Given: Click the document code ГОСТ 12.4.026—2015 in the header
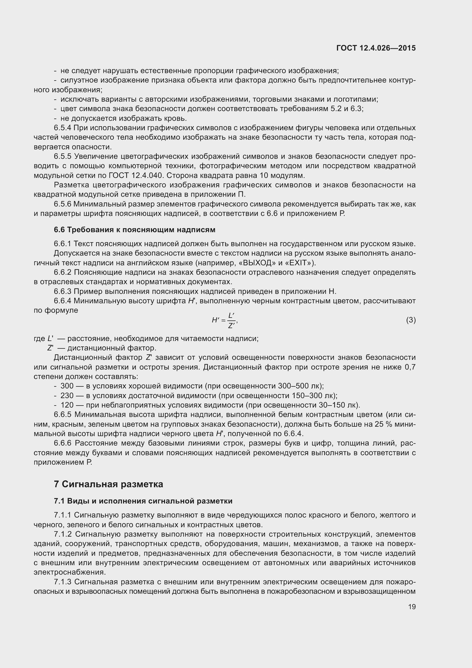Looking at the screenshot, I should tap(376, 48).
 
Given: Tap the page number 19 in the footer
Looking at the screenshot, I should tap(411, 607).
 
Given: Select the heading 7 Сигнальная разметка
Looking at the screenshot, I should tap(109, 484).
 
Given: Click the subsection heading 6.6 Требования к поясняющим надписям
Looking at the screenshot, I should tap(134, 230).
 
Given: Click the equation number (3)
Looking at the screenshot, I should tap(411, 320).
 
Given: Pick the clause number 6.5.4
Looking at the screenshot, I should tap(63, 128).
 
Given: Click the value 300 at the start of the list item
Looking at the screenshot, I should tap(67, 386).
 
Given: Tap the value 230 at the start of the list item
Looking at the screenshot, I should tap(67, 396).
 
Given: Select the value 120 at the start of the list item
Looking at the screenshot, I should tap(67, 405).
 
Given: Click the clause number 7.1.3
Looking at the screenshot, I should tap(63, 582).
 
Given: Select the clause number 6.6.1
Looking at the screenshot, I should tap(63, 244).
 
